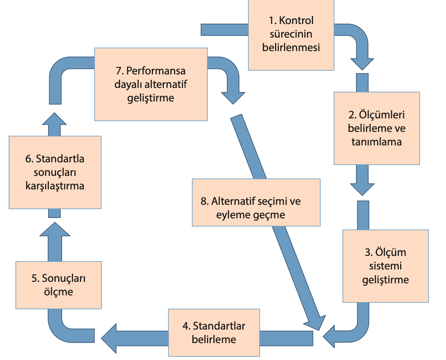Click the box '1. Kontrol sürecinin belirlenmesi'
pos(291,35)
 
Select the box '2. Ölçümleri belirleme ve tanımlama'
pos(376,128)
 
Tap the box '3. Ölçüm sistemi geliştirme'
pos(386,266)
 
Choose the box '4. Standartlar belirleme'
pos(214,333)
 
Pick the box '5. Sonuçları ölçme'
pos(58,285)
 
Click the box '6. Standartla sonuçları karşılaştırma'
pos(55,172)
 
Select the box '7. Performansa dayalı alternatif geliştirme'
pos(151,84)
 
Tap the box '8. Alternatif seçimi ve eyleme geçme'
pos(256,202)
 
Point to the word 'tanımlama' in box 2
pos(376,142)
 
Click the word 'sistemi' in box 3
pos(386,266)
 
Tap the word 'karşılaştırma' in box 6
pos(55,186)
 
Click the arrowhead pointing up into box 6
pos(54,229)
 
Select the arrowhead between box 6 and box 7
pos(54,118)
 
